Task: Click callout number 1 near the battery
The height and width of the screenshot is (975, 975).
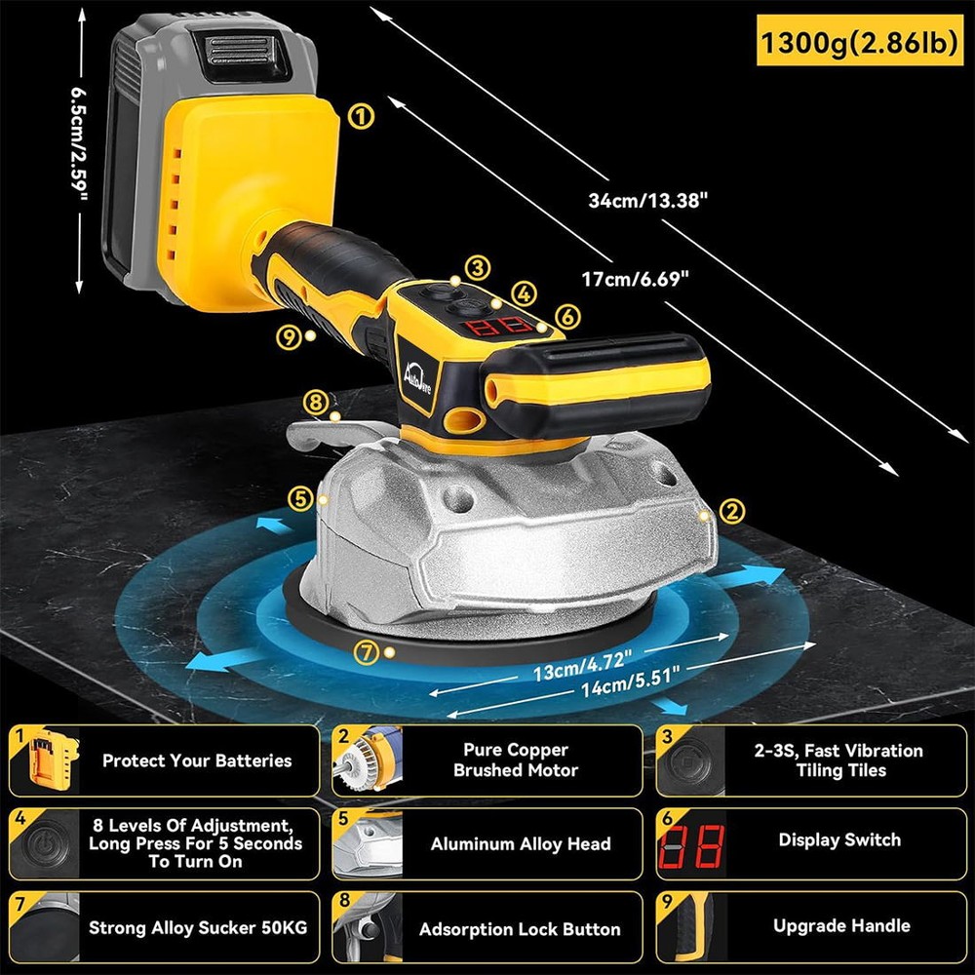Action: click(x=361, y=117)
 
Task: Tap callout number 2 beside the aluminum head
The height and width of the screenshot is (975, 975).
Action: click(x=731, y=509)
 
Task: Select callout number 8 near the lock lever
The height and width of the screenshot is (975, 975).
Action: click(x=312, y=400)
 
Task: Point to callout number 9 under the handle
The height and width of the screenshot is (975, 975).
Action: click(x=288, y=336)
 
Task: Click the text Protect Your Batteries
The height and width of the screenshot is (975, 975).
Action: click(x=197, y=760)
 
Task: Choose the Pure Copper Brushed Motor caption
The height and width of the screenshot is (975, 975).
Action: click(x=516, y=760)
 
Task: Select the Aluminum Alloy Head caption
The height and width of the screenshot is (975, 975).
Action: click(x=521, y=844)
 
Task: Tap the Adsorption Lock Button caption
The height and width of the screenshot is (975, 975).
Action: click(x=520, y=929)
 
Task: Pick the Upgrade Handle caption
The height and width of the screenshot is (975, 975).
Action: click(x=841, y=925)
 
